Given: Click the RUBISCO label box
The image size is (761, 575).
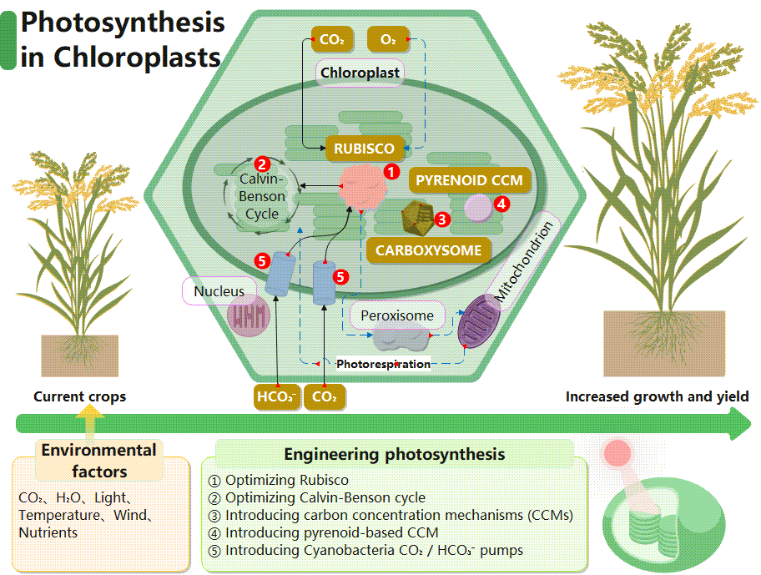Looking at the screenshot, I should tap(365, 149).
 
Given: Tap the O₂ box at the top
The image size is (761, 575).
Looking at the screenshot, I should tap(387, 39).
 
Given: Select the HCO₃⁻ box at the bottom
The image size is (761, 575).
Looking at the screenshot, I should tap(275, 397).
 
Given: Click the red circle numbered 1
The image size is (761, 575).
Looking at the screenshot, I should tap(390, 170).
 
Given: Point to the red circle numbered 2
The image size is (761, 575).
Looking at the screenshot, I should tap(261, 165).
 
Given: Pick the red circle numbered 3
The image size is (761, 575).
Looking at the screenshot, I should tap(443, 219).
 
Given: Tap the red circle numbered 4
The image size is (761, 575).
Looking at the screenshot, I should tap(501, 203).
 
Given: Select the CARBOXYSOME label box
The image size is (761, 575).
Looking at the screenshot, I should tap(428, 250).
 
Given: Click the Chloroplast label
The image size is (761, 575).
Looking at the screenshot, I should tap(360, 72).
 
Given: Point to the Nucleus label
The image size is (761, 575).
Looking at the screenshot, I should tap(219, 291).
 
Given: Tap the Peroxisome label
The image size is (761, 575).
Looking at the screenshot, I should tap(397, 315).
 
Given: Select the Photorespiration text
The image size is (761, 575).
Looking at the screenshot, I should tap(383, 364).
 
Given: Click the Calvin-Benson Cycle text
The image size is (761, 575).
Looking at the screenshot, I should tap(262, 197).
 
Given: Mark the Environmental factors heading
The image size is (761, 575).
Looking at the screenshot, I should tap(99, 460).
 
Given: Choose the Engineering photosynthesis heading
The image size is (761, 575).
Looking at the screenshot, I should tap(394, 454).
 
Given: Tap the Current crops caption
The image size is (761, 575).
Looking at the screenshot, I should tap(79, 396).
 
